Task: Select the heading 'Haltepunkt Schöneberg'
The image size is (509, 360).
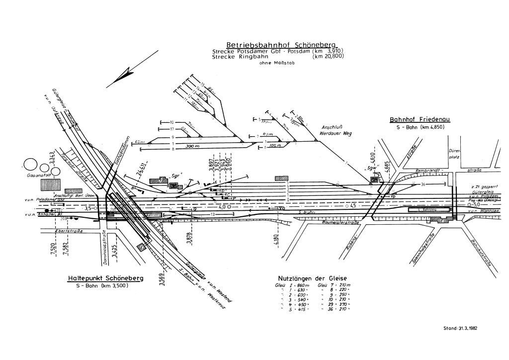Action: click(105, 278)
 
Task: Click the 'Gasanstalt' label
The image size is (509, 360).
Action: click(33, 176)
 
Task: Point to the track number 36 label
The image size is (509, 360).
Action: click(423, 184)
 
